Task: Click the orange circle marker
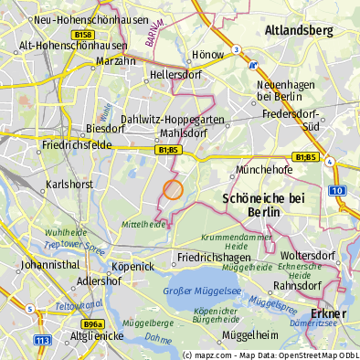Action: [173, 189]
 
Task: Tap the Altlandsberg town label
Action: [298, 30]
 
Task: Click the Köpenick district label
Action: [132, 266]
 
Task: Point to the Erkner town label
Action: [328, 313]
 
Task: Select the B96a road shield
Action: [91, 324]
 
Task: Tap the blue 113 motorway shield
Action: [43, 340]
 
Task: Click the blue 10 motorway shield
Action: [337, 190]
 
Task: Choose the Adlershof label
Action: [100, 281]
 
